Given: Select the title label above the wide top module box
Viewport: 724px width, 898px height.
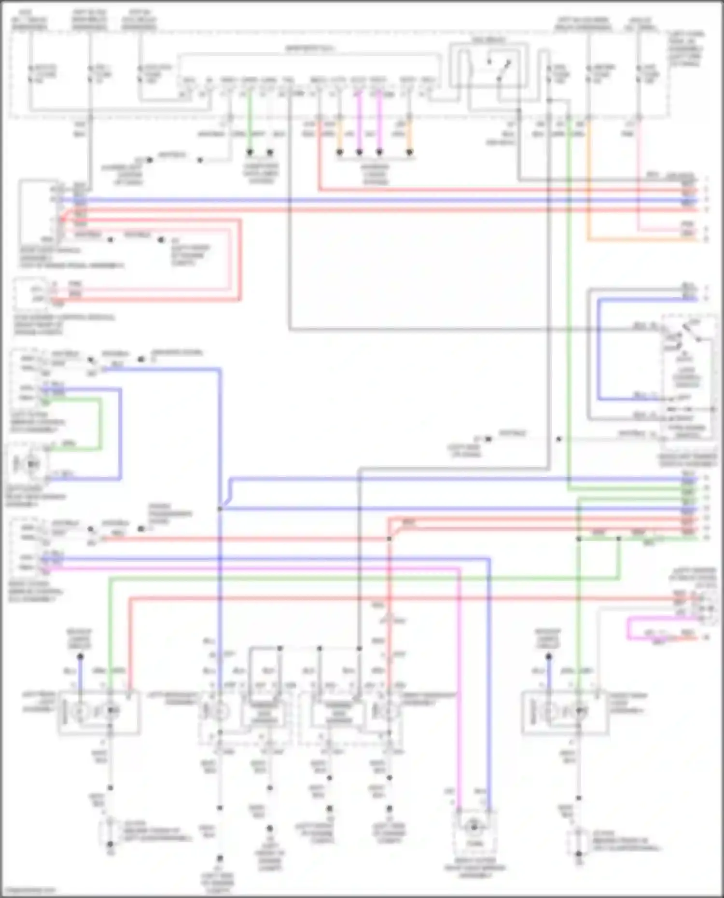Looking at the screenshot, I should point(309,48).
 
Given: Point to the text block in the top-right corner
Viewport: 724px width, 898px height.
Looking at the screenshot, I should point(686,48).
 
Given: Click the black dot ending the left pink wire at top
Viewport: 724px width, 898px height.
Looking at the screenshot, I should point(359,152).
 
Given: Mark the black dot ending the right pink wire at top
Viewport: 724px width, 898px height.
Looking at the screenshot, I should point(379,152).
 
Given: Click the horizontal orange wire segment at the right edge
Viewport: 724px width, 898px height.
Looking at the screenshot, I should point(642,239).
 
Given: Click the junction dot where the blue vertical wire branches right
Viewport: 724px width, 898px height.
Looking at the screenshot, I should point(220,509).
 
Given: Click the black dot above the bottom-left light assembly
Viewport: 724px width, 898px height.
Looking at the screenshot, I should point(80,657).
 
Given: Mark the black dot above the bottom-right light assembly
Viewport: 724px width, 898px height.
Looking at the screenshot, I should point(548,657).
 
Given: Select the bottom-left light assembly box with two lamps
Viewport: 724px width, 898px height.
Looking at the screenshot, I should point(99,712).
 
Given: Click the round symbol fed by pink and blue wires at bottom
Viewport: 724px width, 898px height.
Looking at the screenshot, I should point(474,828).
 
